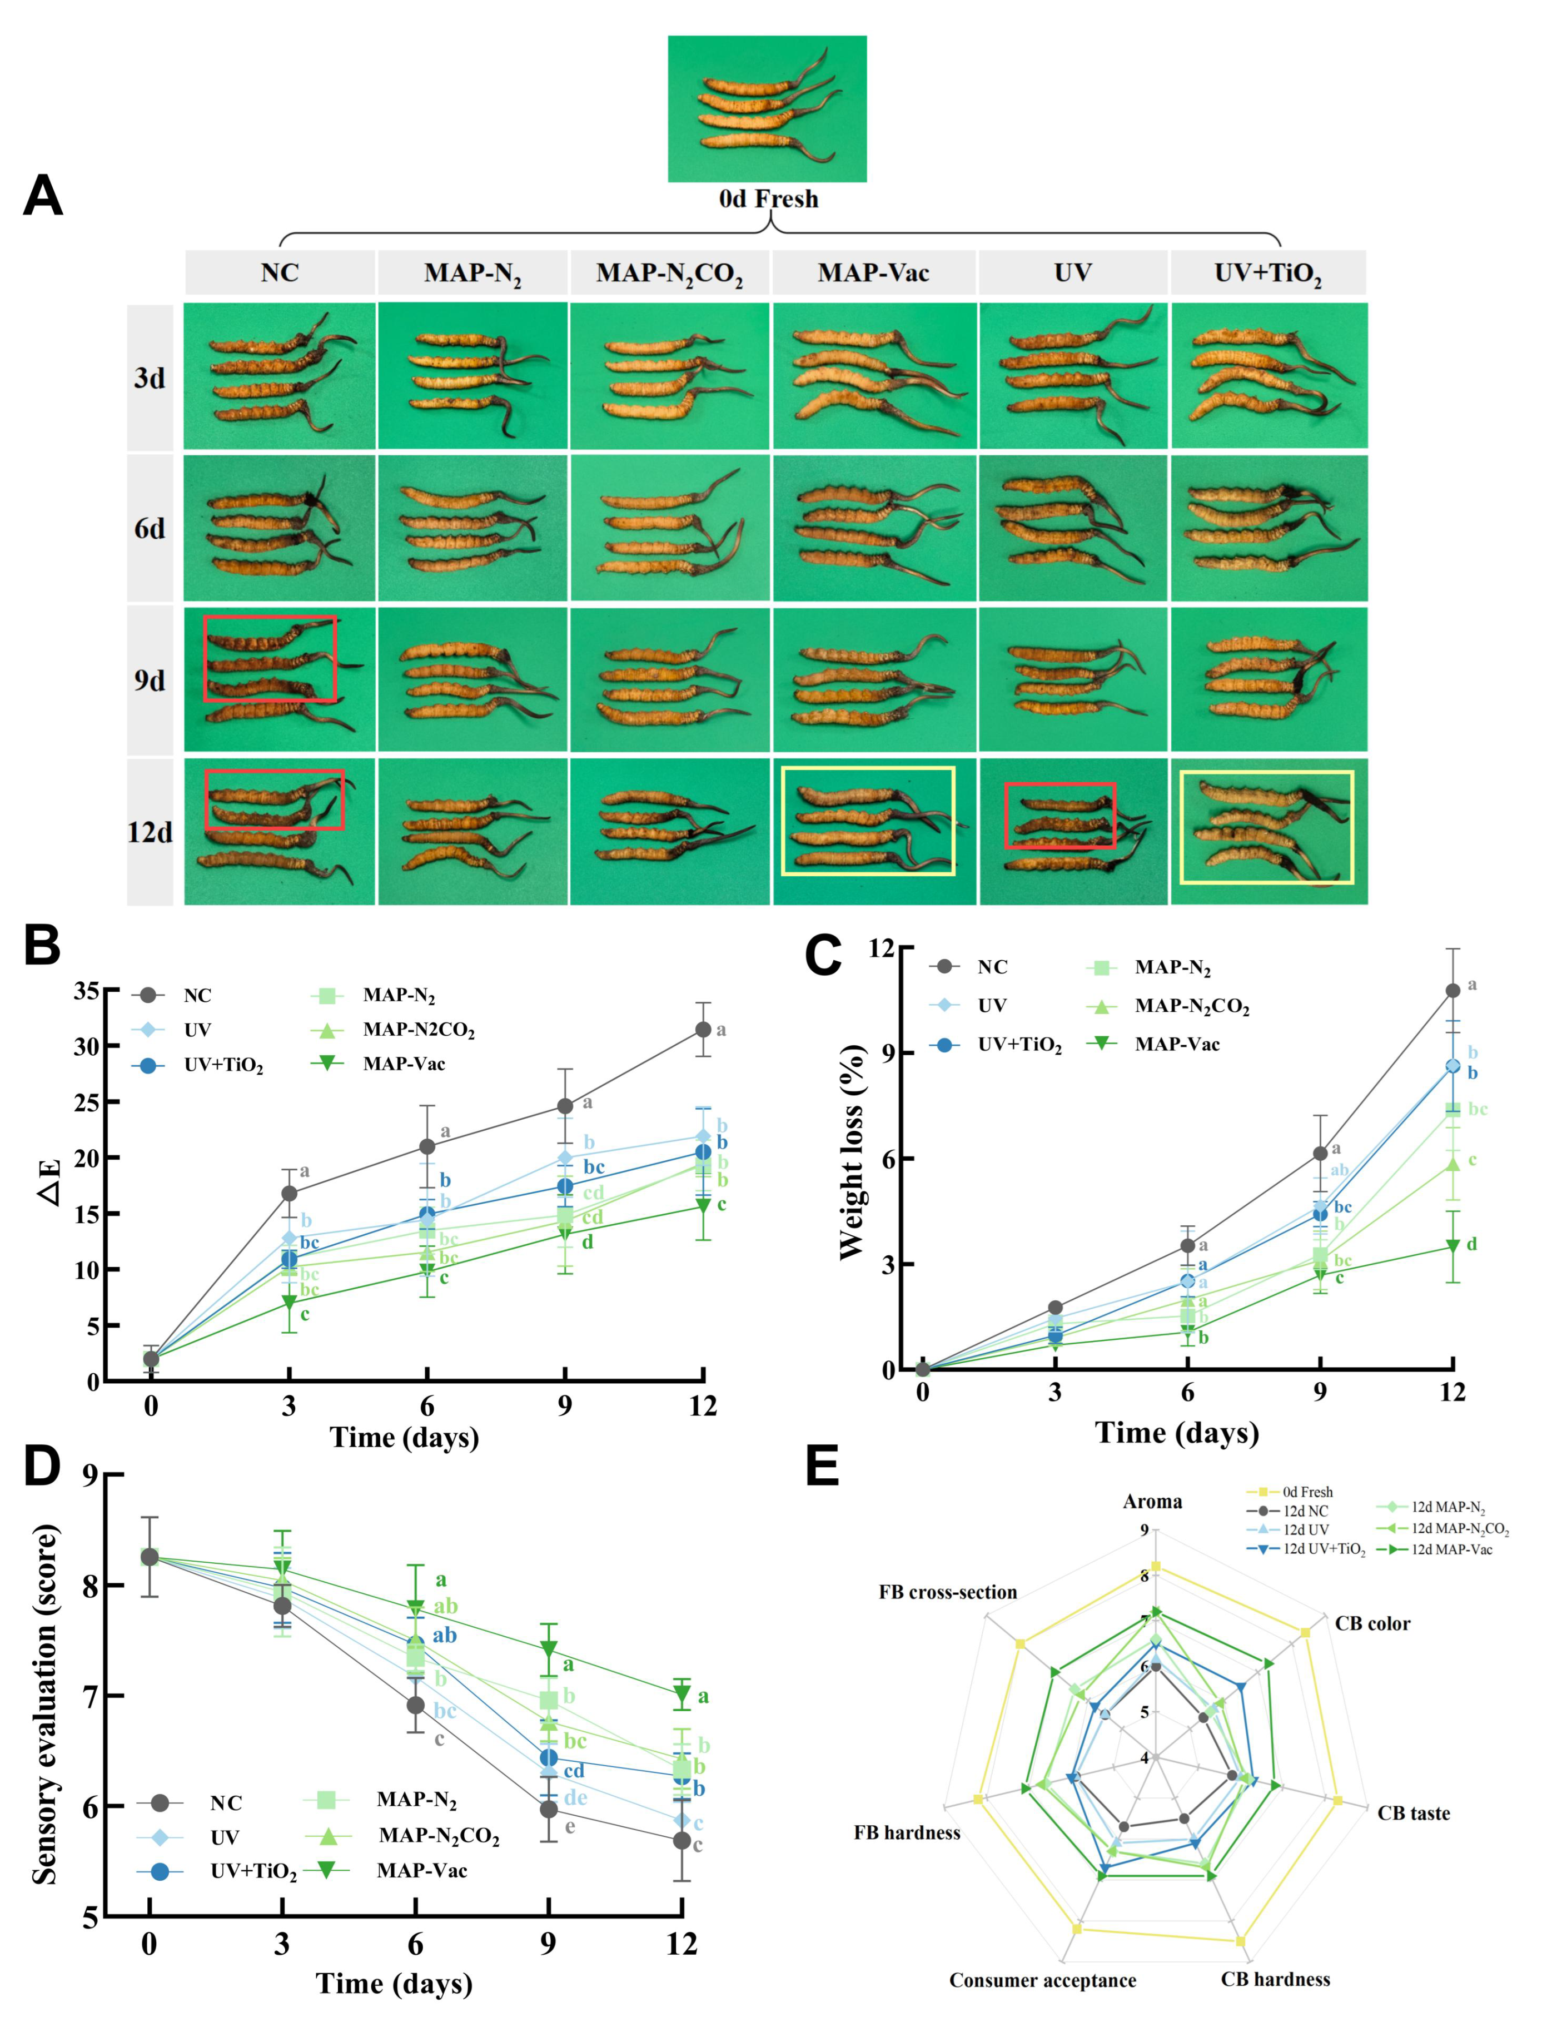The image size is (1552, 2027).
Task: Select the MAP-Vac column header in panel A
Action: click(x=873, y=272)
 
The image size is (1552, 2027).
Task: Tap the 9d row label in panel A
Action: click(x=150, y=680)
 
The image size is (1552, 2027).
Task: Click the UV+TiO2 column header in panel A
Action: click(x=1267, y=272)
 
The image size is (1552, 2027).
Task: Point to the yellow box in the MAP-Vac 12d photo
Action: click(x=868, y=821)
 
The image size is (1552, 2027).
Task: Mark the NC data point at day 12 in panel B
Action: click(x=703, y=1029)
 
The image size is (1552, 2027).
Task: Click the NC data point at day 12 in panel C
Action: click(x=1452, y=990)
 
